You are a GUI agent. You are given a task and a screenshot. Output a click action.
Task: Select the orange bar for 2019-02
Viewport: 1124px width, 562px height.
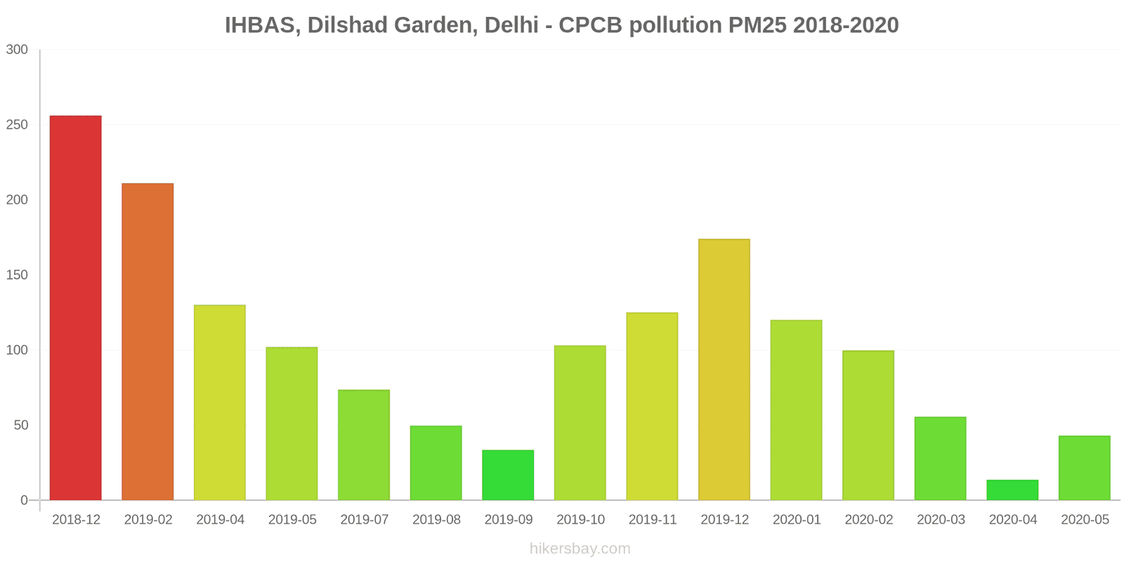(148, 341)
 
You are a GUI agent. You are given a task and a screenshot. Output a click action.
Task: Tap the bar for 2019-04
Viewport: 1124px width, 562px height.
(220, 403)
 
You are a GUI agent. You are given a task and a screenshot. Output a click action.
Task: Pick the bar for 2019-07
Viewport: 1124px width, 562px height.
(364, 445)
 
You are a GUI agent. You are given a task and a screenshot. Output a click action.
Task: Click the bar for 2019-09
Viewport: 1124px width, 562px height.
(508, 475)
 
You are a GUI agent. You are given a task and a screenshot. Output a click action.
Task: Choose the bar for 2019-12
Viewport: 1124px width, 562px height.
(724, 370)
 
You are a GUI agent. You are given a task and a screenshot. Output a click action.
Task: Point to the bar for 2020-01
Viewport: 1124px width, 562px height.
(796, 410)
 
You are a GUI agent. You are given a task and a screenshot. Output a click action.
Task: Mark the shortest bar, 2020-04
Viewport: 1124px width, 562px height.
(1012, 490)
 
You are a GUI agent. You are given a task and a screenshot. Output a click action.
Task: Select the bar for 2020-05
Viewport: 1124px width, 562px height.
(1085, 468)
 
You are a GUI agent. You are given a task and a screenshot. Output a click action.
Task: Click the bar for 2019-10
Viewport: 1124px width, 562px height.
(580, 423)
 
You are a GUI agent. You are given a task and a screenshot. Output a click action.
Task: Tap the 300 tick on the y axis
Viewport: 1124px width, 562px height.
(17, 49)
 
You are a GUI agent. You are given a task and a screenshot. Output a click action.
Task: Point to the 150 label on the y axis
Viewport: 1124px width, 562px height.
(17, 275)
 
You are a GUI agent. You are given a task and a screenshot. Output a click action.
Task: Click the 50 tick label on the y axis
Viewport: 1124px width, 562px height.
(20, 425)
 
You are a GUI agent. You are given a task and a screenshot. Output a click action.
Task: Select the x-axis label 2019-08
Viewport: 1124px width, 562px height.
(436, 520)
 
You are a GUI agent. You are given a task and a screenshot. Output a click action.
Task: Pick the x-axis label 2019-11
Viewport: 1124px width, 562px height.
(653, 520)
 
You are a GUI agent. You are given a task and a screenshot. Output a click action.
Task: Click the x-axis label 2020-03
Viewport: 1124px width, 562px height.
(941, 520)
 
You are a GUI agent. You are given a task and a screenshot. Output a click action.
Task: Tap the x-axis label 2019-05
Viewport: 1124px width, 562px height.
(292, 520)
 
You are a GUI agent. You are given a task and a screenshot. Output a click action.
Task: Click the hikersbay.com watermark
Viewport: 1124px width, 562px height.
(580, 549)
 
